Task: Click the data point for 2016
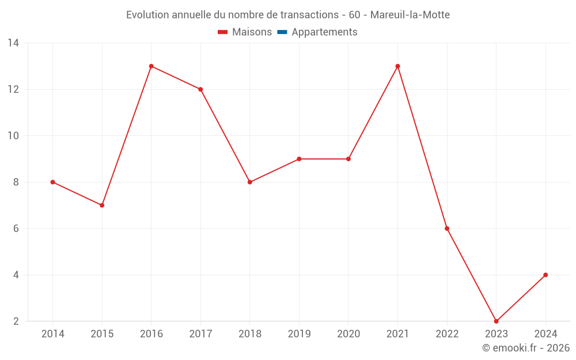pos(151,66)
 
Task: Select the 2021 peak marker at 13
pos(397,66)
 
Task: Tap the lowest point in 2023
pos(496,321)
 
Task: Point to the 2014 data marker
pos(53,182)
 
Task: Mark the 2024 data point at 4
pos(545,275)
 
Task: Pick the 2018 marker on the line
pos(250,182)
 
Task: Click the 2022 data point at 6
pos(447,229)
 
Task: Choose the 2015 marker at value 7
pos(102,205)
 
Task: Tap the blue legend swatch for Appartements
pos(282,32)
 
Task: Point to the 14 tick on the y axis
pos(13,43)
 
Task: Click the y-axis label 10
pos(13,136)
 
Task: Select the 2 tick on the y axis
pos(16,321)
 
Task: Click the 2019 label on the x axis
pos(299,334)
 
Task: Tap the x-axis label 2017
pos(200,334)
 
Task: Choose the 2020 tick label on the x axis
pos(348,334)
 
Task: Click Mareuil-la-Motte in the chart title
pos(410,14)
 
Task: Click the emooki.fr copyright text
pos(526,348)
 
